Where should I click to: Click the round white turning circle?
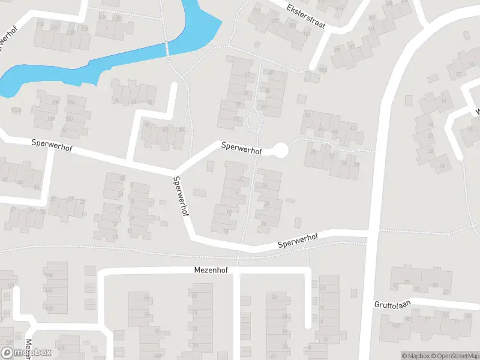click(x=280, y=150)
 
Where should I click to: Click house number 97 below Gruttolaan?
click(x=427, y=319)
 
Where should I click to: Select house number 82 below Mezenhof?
click(x=194, y=295)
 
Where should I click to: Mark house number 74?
click(x=194, y=329)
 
